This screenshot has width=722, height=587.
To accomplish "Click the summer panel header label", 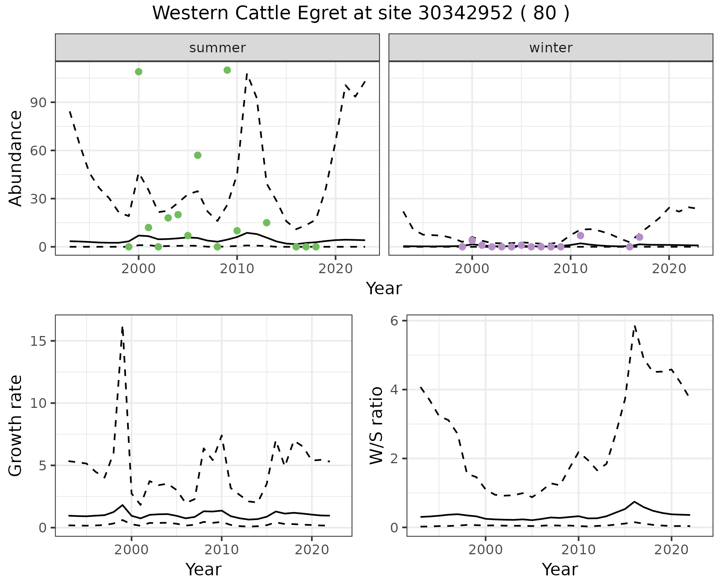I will click(217, 48).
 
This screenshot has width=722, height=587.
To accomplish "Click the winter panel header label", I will click(551, 48).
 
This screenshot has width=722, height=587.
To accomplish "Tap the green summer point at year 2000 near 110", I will click(138, 72).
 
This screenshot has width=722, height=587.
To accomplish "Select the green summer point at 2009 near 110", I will click(227, 70).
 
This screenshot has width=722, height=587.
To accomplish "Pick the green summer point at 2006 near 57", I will click(198, 155).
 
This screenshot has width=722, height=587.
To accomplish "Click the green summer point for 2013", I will click(267, 223).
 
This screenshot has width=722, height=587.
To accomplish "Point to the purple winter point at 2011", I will click(580, 236).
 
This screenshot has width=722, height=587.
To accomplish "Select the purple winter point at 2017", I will click(639, 237).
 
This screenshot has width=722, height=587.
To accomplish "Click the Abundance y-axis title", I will click(16, 158).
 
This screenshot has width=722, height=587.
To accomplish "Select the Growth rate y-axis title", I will click(16, 426).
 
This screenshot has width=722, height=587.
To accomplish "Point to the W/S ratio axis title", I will click(376, 426).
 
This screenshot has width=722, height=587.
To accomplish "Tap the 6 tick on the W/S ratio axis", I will click(397, 321).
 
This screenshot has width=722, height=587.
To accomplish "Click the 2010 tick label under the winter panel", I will click(570, 269).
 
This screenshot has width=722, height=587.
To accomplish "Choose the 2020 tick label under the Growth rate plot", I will click(312, 550).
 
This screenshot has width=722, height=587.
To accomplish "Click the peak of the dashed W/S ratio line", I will click(634, 325).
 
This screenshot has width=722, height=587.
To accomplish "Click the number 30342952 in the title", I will click(465, 14).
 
